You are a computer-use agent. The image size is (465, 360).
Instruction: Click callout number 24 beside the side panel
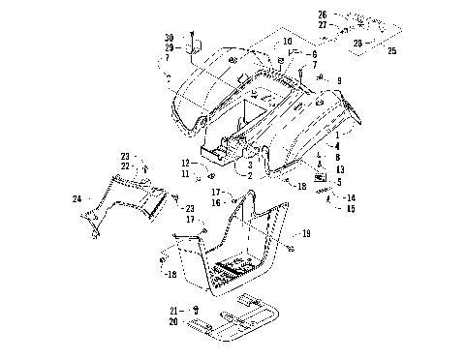76,199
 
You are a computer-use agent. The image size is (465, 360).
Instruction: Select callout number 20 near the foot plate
173,321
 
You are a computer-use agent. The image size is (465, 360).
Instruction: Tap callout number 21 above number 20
173,310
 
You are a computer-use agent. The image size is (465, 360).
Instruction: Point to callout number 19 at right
306,234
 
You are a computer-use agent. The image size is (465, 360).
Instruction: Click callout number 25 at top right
392,50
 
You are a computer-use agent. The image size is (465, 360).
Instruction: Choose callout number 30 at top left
169,37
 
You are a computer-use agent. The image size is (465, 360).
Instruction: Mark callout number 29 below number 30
169,47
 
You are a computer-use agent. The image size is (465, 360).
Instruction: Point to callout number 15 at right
351,208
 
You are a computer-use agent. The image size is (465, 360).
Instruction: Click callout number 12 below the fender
184,163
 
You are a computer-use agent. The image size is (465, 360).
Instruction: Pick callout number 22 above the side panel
125,165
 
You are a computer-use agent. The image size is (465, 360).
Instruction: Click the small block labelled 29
192,47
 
